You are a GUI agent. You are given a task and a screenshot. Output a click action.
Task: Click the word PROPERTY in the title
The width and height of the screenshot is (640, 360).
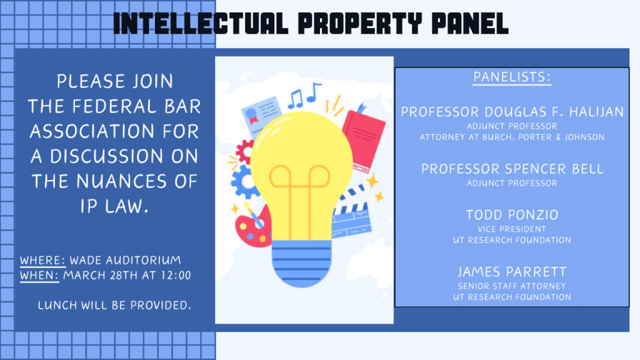point(359,23)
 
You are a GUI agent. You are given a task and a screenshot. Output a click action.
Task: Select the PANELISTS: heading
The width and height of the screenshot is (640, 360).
point(512,77)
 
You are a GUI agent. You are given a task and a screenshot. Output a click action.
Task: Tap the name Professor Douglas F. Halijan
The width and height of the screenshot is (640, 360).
point(512,112)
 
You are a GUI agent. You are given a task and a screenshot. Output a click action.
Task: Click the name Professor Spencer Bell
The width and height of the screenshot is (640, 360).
point(512,169)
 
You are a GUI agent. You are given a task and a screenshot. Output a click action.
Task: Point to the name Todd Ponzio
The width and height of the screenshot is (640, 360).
point(512,215)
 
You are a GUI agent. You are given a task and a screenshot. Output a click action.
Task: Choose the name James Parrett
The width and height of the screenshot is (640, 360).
point(512,272)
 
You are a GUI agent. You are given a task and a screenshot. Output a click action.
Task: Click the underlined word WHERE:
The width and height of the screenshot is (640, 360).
point(42,261)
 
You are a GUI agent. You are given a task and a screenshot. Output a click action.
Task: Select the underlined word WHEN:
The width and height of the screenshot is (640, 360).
point(39,276)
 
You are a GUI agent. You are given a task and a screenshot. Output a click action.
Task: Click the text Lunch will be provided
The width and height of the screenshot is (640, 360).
point(114,305)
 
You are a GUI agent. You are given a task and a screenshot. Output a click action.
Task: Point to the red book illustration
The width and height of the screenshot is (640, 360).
point(363,139)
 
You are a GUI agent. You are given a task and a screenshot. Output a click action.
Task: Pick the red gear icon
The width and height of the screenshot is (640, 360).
point(244,152)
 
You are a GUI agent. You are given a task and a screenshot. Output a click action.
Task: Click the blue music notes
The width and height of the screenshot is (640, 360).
point(304,95)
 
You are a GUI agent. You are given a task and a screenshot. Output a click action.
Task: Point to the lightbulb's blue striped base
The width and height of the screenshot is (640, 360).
point(301,263)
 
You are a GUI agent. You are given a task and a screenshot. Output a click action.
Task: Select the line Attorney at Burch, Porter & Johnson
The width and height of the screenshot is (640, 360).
point(512,137)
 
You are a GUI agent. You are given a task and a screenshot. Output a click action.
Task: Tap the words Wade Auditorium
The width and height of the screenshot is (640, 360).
point(125,261)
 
